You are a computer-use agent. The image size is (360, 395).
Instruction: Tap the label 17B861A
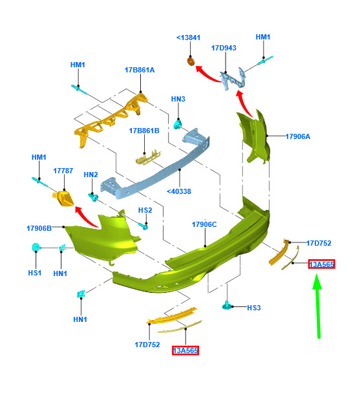140,70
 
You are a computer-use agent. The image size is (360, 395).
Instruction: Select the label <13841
188,37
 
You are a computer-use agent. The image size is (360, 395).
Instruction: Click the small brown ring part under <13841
191,61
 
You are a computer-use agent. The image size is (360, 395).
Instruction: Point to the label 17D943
224,48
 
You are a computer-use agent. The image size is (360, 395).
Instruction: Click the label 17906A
298,136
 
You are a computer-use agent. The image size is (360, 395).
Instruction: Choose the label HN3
178,99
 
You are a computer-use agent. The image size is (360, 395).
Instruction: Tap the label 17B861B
144,131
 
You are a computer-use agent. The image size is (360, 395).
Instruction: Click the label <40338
179,191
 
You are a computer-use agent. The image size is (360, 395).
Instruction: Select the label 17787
63,171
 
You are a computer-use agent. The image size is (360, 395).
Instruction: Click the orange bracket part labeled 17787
63,198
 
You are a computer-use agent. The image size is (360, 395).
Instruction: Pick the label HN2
90,175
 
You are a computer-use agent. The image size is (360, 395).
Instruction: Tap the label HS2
145,210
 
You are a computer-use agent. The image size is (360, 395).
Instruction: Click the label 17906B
39,228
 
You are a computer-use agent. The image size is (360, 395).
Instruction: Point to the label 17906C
204,224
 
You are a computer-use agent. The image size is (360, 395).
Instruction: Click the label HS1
35,273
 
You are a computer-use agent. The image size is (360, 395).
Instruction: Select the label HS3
254,308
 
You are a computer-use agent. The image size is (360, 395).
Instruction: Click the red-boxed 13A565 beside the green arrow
322,264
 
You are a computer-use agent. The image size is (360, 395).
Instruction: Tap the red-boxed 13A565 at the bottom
185,350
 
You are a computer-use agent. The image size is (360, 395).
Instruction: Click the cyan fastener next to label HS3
227,306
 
